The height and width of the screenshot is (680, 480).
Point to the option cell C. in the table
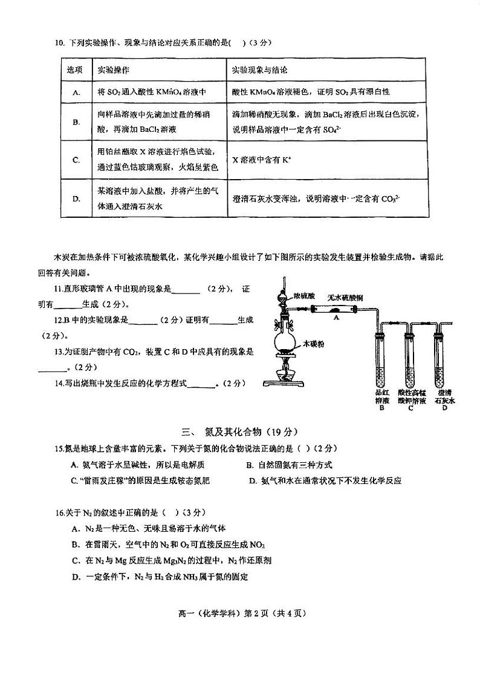pyautogui.click(x=77, y=160)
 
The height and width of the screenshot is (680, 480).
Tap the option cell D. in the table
pyautogui.click(x=77, y=198)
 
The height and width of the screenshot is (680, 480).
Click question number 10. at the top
pyautogui.click(x=59, y=43)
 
